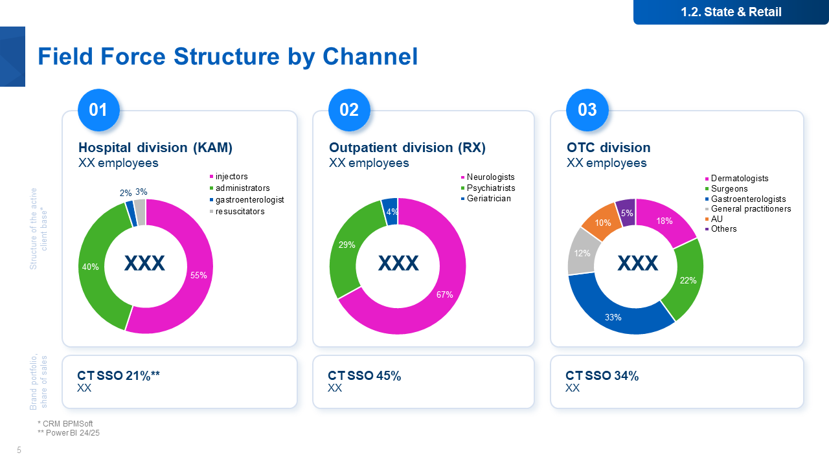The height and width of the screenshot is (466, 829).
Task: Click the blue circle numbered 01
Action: [98, 109]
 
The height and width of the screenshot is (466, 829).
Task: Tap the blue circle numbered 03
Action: [587, 109]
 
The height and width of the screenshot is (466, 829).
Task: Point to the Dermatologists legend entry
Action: [739, 178]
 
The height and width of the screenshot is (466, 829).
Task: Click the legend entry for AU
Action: [716, 219]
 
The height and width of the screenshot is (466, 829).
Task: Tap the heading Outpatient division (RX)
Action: [407, 148]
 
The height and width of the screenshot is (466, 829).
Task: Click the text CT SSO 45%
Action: [364, 375]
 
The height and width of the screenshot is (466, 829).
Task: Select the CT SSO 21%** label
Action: [119, 375]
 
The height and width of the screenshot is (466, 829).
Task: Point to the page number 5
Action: [19, 450]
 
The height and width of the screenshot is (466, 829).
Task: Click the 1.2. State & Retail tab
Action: [731, 12]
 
